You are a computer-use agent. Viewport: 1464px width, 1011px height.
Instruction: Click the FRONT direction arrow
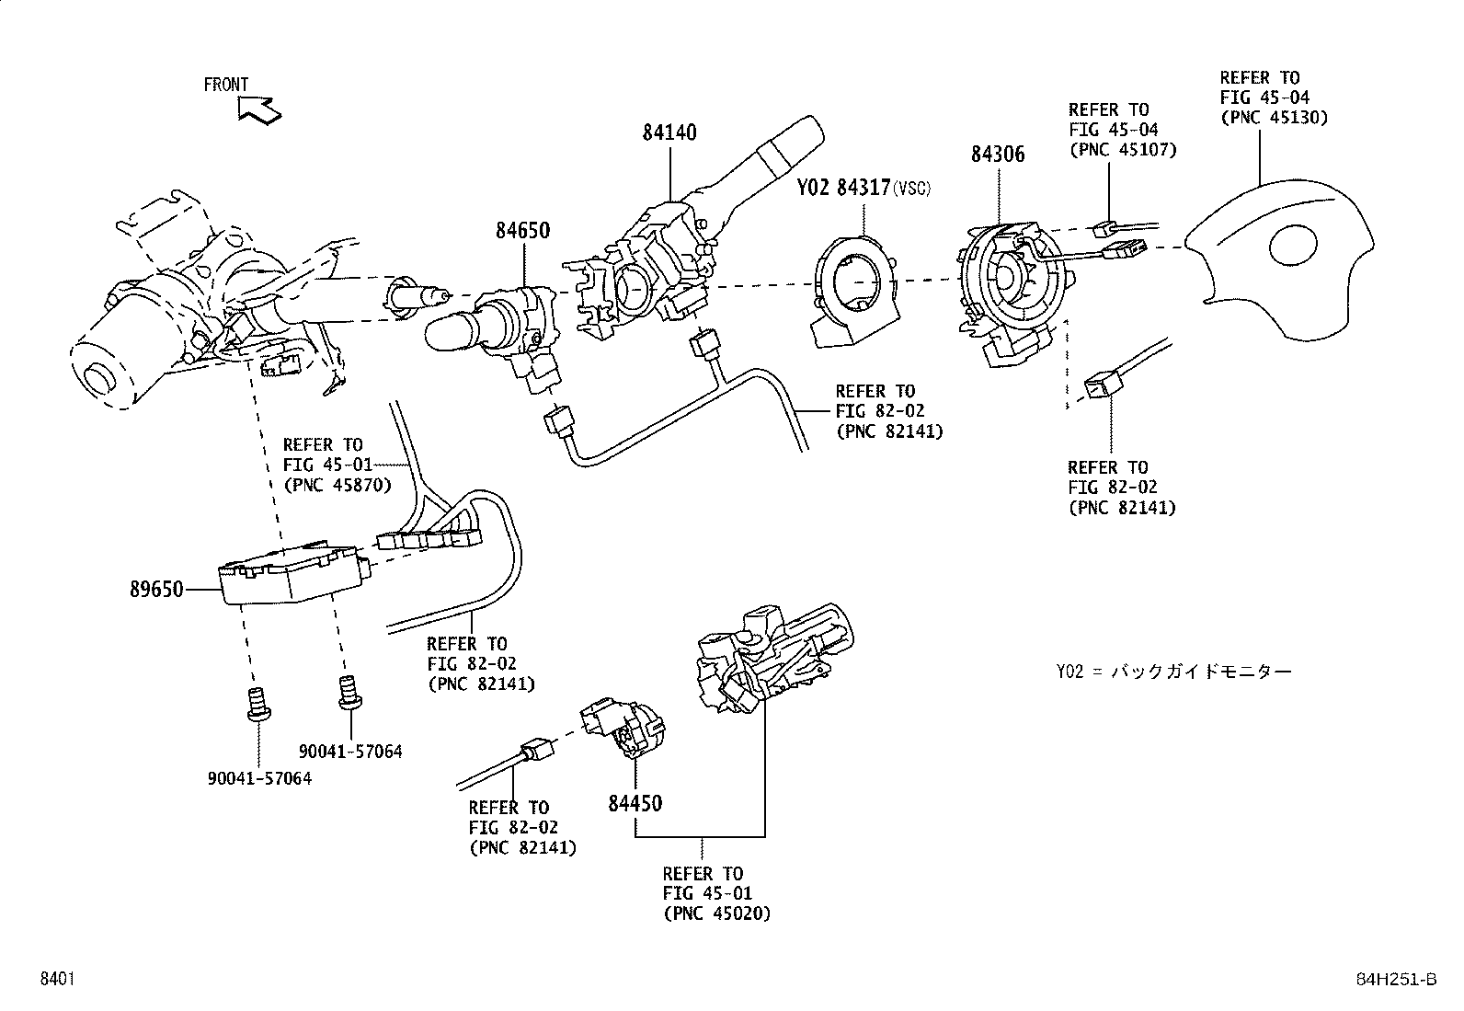point(258,109)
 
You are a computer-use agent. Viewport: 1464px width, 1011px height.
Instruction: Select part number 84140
point(669,132)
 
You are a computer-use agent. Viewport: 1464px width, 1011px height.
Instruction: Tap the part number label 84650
point(522,230)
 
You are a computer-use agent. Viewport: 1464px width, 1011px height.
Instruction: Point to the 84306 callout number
point(997,155)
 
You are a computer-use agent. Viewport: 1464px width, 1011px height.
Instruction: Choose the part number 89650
point(156,589)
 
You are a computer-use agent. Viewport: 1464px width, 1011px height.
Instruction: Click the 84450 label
point(635,803)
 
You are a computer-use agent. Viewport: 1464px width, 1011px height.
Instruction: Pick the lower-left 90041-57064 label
point(258,778)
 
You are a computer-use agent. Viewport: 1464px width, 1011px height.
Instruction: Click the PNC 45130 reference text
point(1274,117)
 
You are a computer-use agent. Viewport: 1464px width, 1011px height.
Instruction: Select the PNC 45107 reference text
point(1122,150)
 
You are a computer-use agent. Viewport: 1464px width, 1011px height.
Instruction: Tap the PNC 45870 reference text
point(337,485)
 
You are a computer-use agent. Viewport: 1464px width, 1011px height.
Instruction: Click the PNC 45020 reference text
point(716,913)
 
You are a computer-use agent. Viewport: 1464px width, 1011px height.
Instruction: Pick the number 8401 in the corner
point(56,980)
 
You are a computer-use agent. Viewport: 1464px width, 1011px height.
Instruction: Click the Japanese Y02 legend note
point(1173,671)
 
